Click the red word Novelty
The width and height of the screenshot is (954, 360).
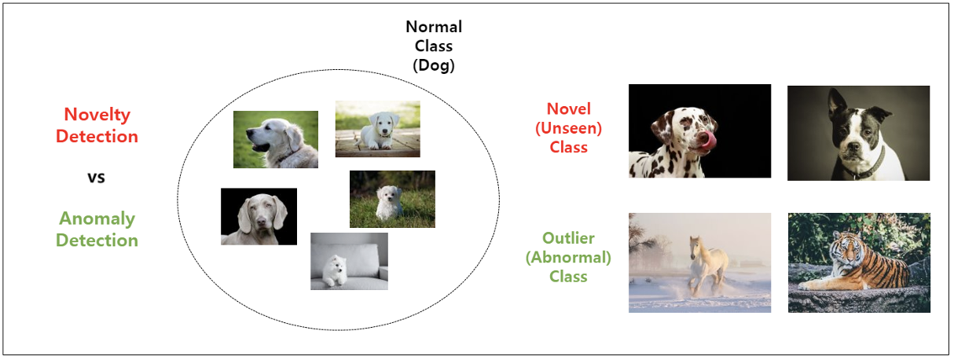97,115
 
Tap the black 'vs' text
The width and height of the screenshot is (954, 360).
96,177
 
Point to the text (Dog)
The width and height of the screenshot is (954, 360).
434,66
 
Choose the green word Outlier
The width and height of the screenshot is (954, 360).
568,238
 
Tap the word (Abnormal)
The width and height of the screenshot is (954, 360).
568,257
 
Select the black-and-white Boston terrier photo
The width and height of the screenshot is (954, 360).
858,133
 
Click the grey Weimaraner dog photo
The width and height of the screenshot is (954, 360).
259,216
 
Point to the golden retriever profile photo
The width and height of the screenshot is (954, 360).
275,139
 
